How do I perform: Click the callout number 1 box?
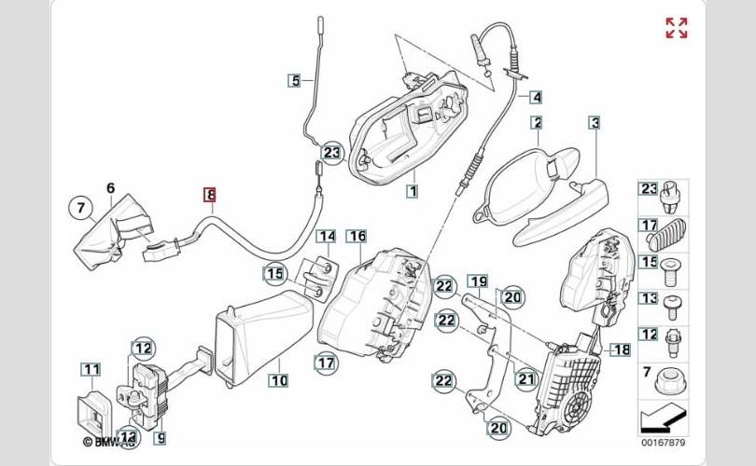[x=411, y=191]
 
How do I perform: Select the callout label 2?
[x=537, y=122]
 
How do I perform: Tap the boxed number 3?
[x=594, y=122]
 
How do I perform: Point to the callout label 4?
[x=536, y=96]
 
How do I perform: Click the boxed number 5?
[x=294, y=80]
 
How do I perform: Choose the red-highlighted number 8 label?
[x=210, y=195]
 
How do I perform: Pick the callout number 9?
[x=160, y=435]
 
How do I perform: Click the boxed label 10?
[x=278, y=379]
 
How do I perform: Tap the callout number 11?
[x=91, y=370]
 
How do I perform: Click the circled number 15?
[x=273, y=274]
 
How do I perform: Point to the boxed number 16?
[x=357, y=237]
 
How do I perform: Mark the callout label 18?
[x=621, y=349]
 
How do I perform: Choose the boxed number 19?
[x=477, y=281]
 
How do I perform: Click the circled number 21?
[x=525, y=379]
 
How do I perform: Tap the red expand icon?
[x=677, y=28]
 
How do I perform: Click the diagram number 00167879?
[x=661, y=443]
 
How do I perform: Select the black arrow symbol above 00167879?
[x=661, y=416]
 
